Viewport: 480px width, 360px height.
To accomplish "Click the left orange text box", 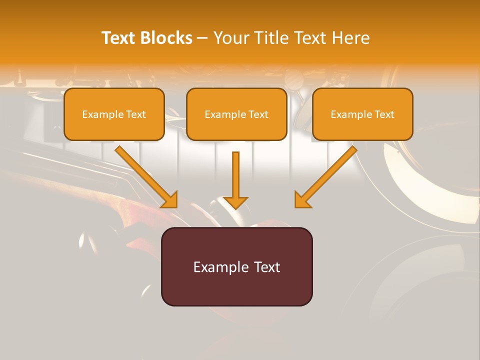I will (x=114, y=114).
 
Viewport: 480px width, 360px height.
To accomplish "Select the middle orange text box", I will (x=236, y=114).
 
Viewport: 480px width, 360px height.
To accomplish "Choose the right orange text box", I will (x=362, y=114).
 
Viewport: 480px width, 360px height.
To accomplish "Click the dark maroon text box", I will (x=236, y=266).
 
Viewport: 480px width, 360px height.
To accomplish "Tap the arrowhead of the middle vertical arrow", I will (x=235, y=202).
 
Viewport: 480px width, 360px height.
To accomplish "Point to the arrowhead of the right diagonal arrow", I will (x=301, y=200).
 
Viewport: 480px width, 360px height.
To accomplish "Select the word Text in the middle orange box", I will (x=258, y=114).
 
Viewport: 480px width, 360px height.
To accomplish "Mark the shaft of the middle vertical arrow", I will (x=235, y=172).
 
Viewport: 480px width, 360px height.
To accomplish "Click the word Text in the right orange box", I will (x=384, y=114).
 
